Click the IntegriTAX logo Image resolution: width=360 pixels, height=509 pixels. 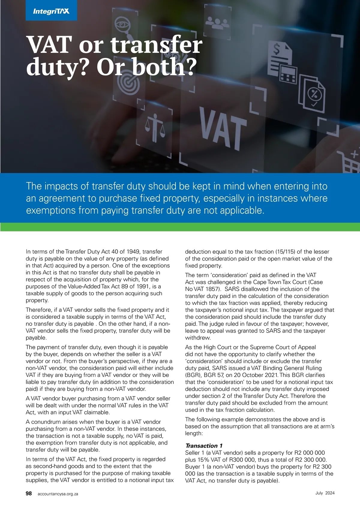coord(51,11)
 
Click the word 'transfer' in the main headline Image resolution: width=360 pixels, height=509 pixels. coord(156,45)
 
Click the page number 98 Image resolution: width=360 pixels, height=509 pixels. coord(29,493)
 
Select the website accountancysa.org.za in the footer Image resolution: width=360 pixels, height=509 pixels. coord(58,494)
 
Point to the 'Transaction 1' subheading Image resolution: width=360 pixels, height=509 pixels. coord(204,446)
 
